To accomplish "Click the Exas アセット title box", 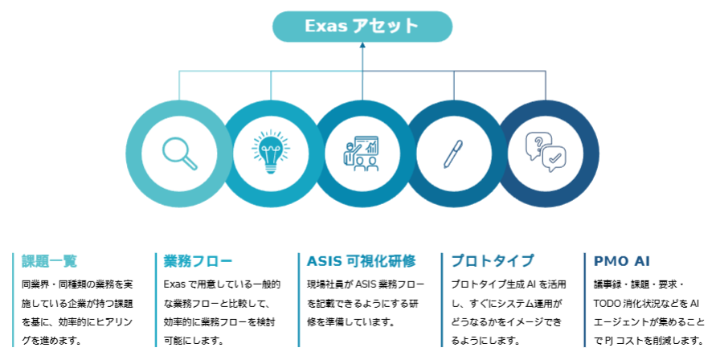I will tap(362, 27).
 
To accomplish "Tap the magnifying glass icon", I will tap(179, 153).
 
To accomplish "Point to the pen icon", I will tap(453, 153).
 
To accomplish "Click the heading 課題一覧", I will tap(49, 261).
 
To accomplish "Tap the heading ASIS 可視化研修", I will tap(362, 261).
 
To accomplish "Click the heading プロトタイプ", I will tap(492, 261).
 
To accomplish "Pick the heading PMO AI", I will tap(622, 261).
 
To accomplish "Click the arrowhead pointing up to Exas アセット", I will tap(362, 46).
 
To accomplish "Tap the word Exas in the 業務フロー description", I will tap(175, 284).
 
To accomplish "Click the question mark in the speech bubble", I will tap(535, 143).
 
